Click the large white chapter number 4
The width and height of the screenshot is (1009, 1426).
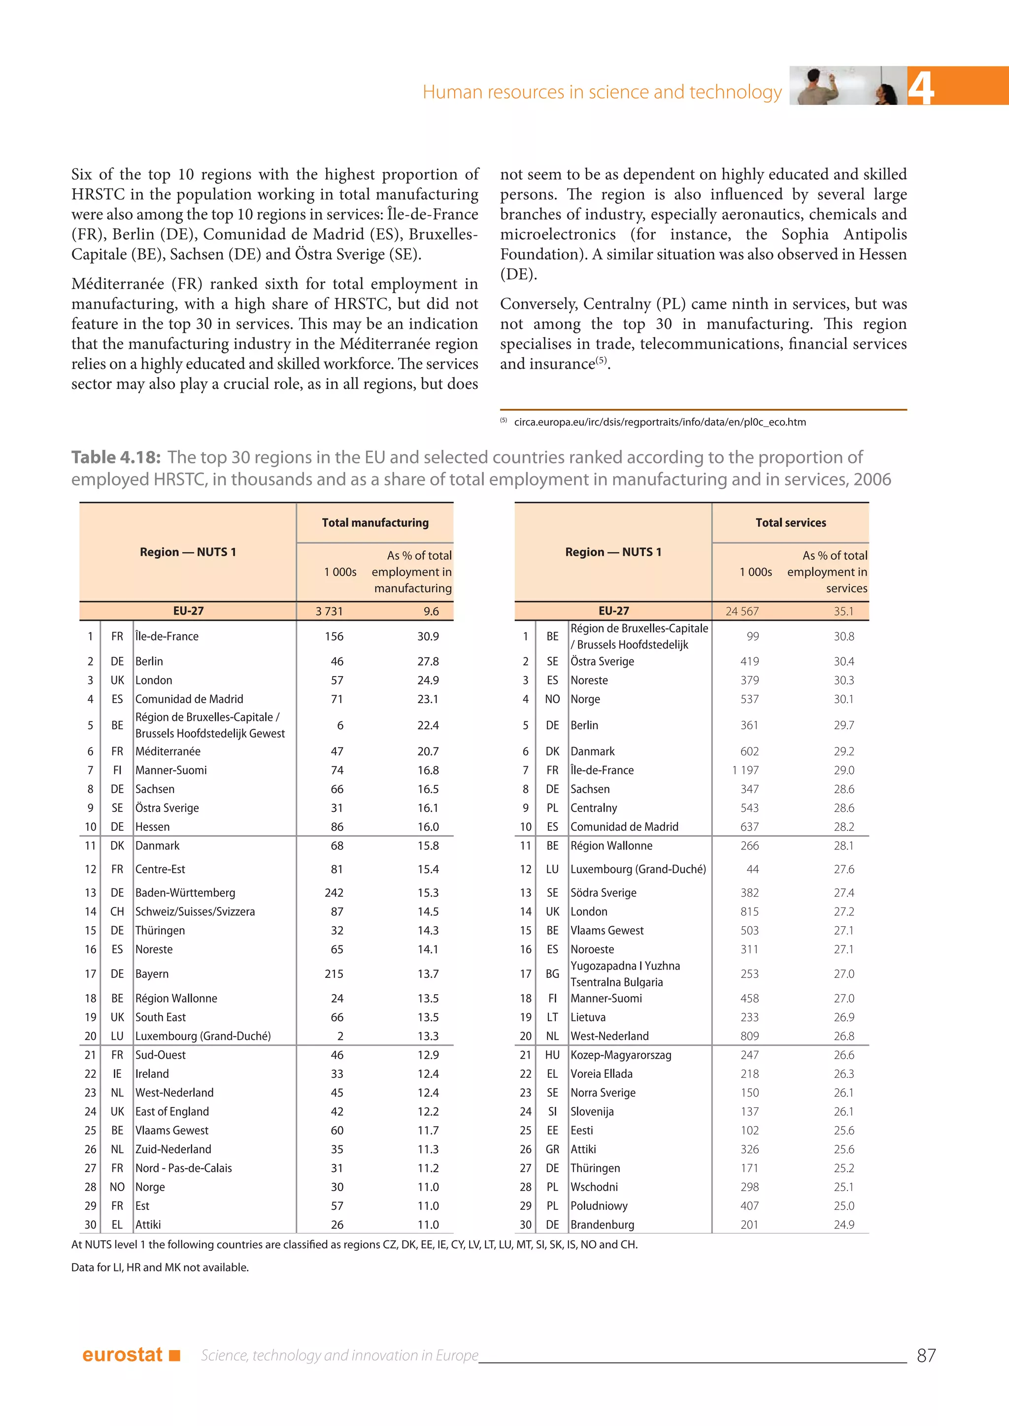[921, 88]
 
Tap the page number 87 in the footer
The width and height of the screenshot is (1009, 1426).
[926, 1355]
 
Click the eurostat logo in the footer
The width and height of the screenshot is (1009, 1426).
[131, 1355]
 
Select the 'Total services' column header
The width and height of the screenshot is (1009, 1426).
[790, 522]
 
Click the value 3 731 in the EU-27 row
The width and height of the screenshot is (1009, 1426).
[329, 611]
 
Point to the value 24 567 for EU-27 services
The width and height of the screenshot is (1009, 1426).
[742, 611]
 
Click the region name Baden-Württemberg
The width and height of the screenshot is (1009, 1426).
[185, 893]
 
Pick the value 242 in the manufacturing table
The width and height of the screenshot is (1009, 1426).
[334, 893]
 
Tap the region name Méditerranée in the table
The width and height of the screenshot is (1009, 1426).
[168, 751]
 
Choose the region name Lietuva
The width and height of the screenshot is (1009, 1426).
[588, 1017]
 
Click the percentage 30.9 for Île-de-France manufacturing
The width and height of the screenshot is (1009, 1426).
[428, 637]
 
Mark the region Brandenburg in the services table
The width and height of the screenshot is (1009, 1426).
[602, 1225]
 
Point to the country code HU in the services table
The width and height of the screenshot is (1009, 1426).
[552, 1055]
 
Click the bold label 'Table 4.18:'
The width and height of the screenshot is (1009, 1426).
[116, 457]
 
